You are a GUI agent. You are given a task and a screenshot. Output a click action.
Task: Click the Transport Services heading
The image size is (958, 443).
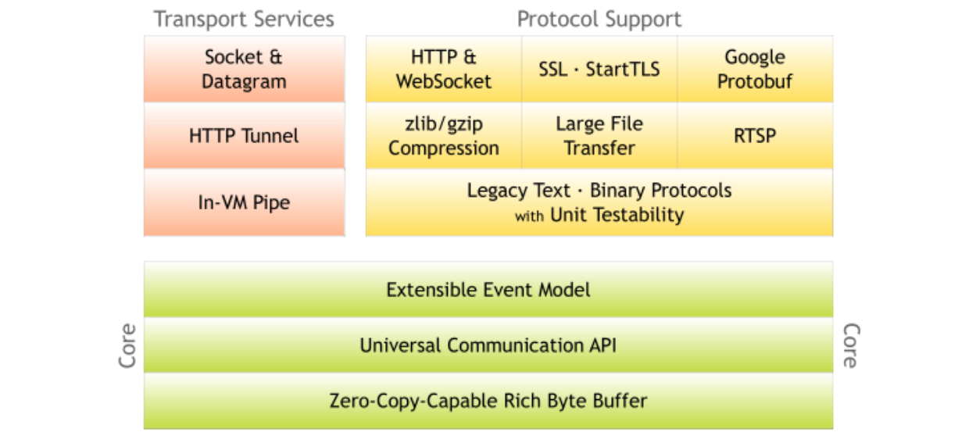coord(244,19)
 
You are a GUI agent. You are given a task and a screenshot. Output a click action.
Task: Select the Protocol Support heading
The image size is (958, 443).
coord(599,19)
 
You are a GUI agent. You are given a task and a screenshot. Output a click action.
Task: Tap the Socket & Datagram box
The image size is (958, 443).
coord(244,69)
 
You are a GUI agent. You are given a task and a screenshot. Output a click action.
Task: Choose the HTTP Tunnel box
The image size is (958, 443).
coord(244,136)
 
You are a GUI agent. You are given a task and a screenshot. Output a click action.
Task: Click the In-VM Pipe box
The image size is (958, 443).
coord(244,203)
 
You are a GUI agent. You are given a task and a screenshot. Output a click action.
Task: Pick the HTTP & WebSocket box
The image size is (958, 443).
coord(444,69)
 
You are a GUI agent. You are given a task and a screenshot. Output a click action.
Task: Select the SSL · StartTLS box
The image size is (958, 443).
coord(599,69)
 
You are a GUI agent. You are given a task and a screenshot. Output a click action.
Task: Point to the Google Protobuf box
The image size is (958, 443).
coord(755,69)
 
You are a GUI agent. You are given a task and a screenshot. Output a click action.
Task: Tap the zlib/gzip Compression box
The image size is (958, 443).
coord(444,136)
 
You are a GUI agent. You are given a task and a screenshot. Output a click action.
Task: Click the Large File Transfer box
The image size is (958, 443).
coord(599,136)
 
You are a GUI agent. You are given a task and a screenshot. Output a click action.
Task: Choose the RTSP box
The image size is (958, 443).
coord(755,136)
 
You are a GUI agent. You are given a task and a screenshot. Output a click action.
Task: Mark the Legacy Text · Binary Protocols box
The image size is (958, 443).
coord(599,202)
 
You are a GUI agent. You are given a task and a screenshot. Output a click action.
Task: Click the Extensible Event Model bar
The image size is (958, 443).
coord(488,290)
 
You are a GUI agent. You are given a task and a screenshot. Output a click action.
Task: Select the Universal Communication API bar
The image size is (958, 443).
coord(488,345)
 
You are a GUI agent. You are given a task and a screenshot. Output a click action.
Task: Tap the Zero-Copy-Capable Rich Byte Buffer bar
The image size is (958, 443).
coord(488,402)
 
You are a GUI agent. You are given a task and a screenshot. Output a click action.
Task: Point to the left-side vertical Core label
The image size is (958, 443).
coord(127,345)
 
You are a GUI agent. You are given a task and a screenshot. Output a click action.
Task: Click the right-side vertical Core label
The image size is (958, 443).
coord(850,345)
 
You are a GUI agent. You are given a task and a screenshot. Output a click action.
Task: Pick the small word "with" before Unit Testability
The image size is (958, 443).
coord(529,216)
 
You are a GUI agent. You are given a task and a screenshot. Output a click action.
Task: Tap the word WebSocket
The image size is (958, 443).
coord(444,81)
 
